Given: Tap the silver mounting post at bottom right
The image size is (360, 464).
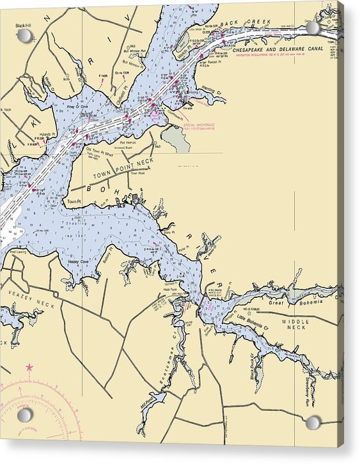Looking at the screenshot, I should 313,422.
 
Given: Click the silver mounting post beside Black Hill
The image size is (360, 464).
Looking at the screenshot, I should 24,36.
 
